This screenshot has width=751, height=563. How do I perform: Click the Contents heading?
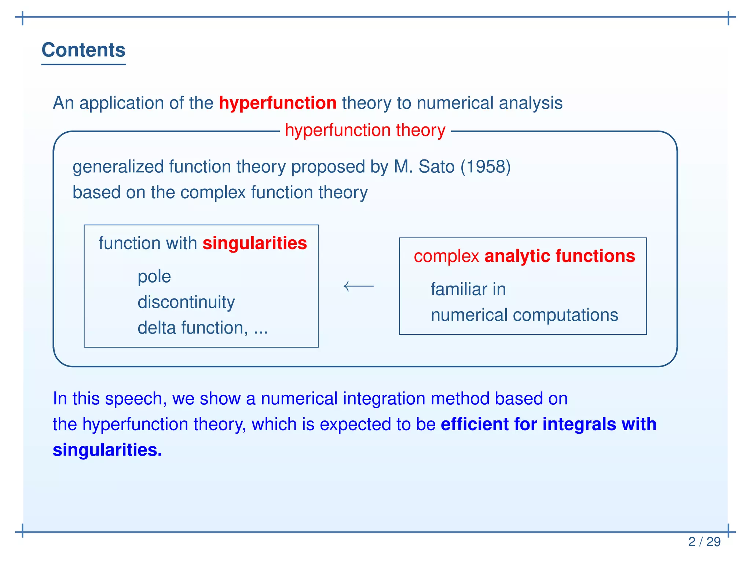(84, 50)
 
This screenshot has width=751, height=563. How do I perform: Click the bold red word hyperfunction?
(278, 103)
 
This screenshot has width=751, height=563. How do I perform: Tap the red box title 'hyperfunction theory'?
(365, 130)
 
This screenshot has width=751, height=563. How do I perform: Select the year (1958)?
(486, 167)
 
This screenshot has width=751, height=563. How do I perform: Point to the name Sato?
(436, 167)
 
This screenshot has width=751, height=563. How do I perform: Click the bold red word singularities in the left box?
(254, 243)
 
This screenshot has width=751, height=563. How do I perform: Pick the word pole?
(154, 277)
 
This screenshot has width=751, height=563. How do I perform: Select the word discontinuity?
(186, 302)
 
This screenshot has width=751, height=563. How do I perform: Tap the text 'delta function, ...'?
(202, 328)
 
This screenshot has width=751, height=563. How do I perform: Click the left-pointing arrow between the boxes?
(358, 286)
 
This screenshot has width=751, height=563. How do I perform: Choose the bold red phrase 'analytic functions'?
(560, 256)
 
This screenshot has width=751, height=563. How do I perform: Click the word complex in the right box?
(446, 256)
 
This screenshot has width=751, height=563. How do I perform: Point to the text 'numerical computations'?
(524, 315)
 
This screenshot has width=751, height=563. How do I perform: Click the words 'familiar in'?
(468, 290)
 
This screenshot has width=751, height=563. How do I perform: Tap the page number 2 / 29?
(704, 542)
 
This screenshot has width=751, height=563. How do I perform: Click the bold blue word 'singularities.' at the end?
(107, 450)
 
